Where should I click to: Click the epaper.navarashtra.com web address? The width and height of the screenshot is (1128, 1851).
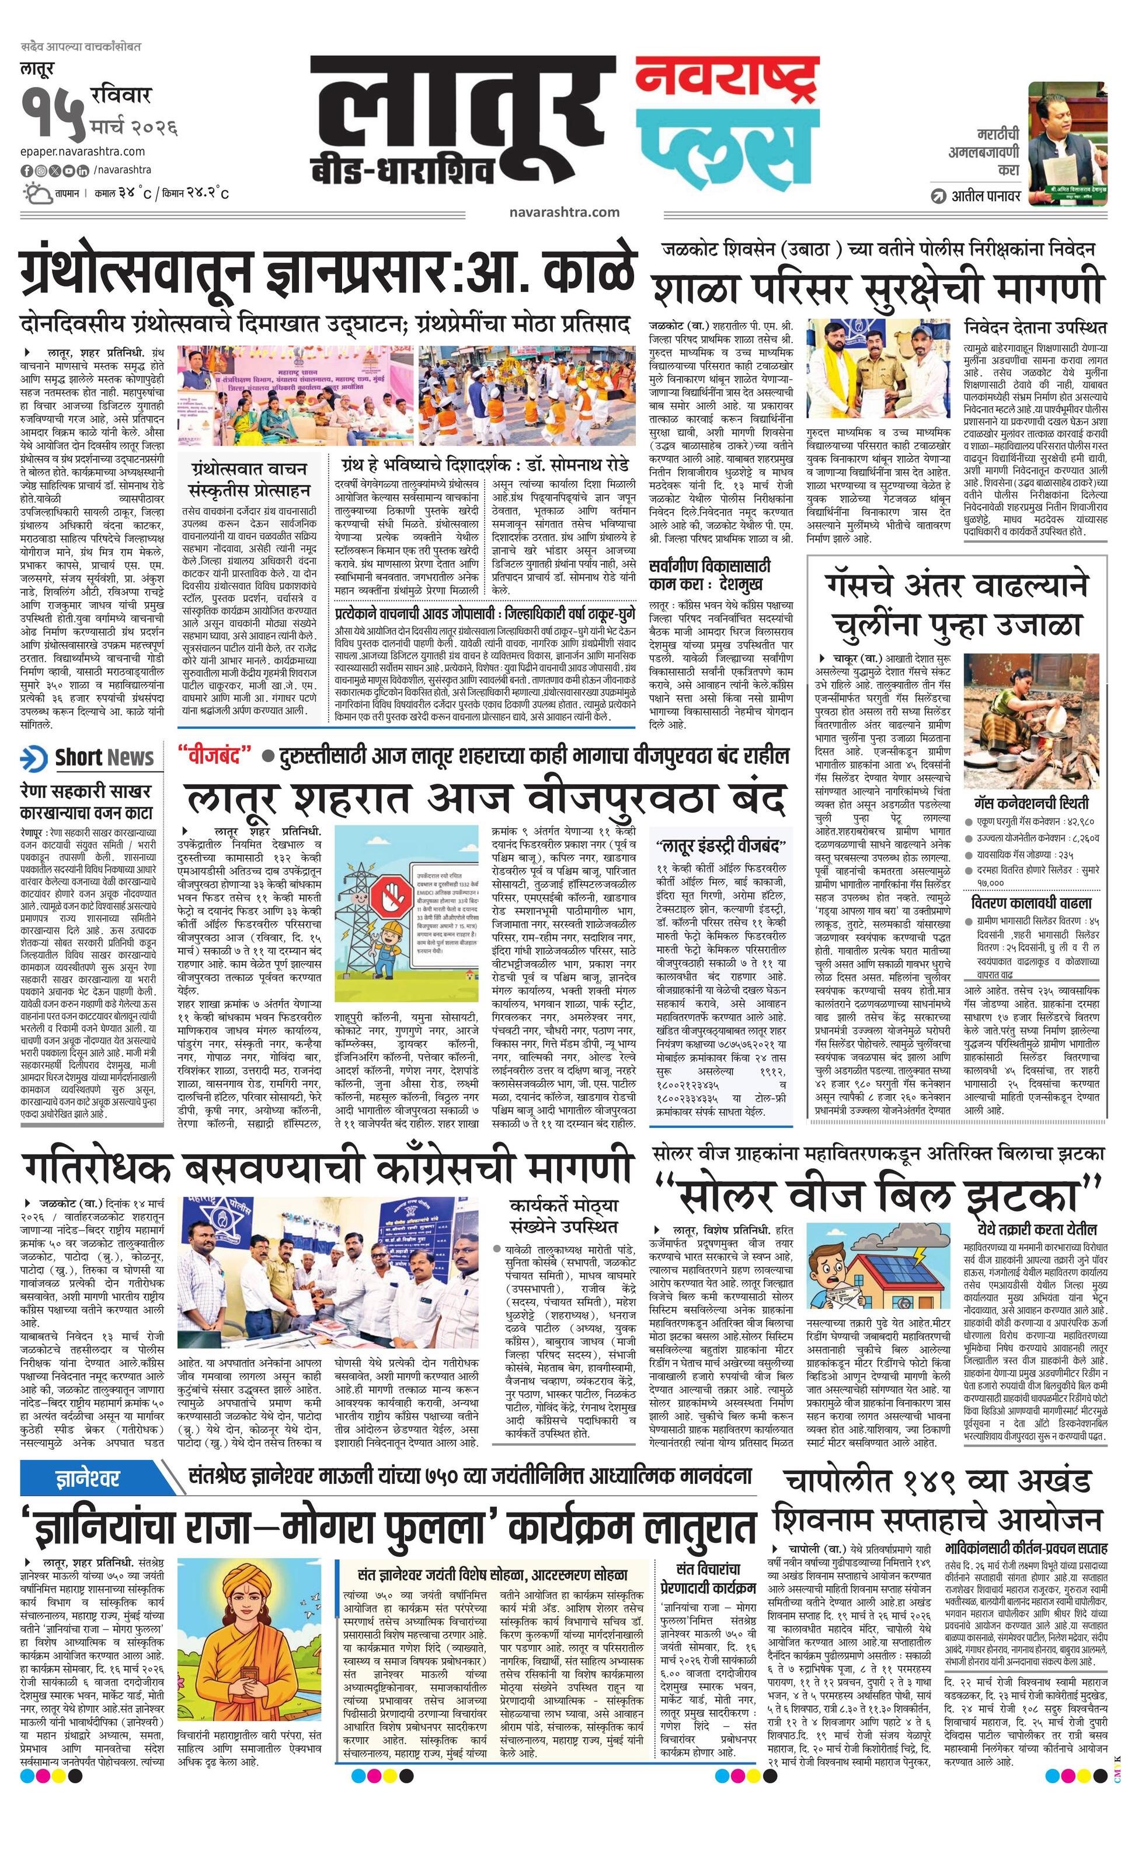point(83,151)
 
